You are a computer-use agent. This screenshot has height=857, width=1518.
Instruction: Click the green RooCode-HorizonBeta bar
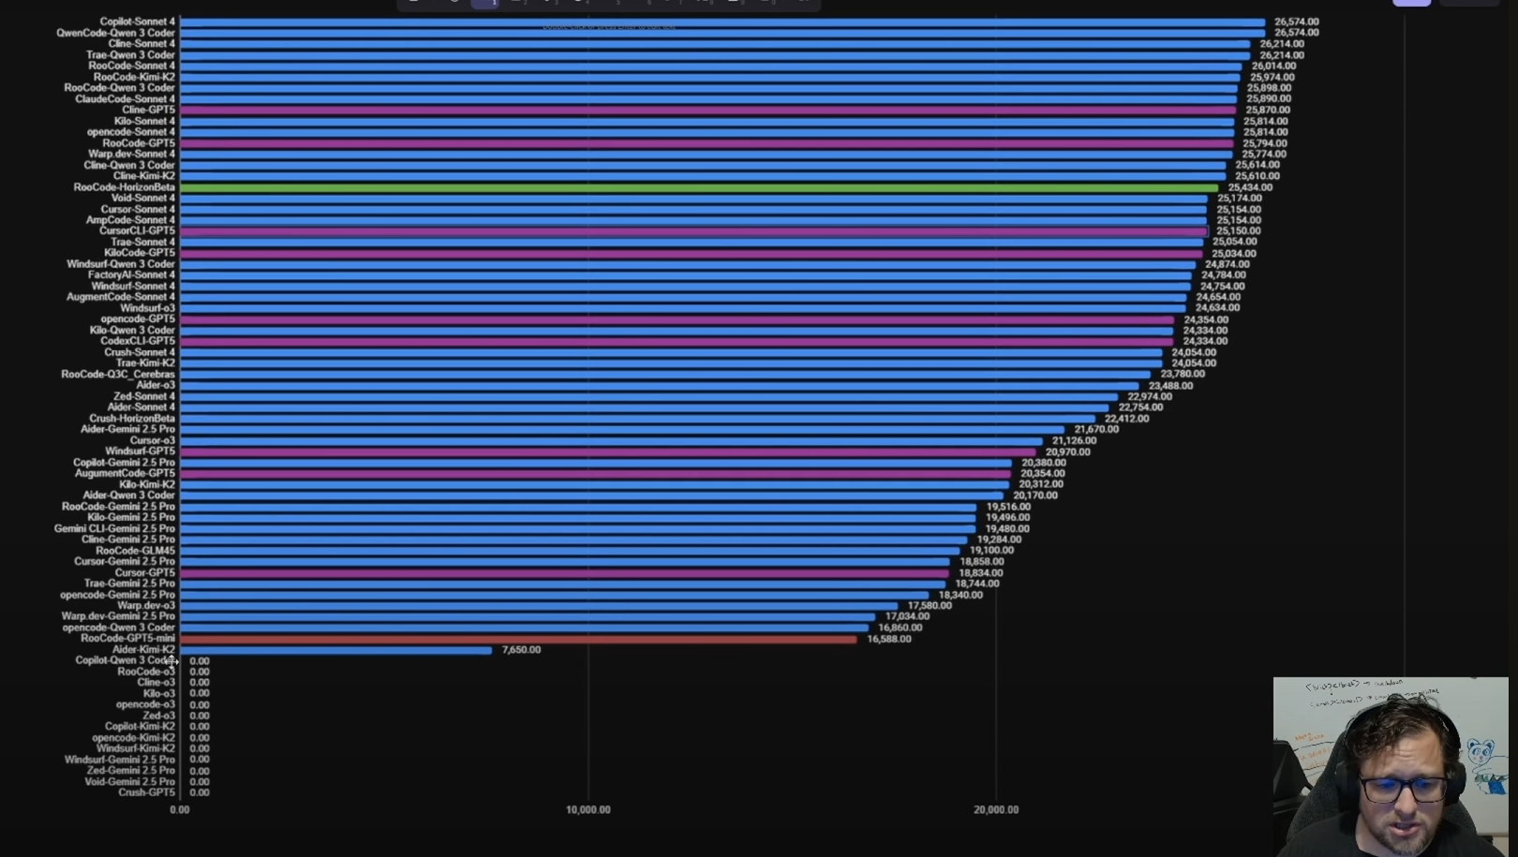698,187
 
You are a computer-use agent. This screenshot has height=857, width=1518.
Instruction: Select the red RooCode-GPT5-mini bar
517,639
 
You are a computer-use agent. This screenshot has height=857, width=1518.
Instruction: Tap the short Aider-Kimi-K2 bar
335,650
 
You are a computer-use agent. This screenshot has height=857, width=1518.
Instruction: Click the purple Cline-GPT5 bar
707,110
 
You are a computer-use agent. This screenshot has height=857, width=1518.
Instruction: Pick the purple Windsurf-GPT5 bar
607,451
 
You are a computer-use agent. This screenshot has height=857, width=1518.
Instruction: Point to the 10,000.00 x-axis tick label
588,810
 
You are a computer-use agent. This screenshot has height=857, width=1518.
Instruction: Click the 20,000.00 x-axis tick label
995,810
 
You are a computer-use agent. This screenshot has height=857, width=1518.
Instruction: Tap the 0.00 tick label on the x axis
179,810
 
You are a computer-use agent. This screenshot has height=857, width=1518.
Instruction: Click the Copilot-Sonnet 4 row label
137,22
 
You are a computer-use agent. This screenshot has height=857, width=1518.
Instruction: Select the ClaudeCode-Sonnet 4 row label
125,98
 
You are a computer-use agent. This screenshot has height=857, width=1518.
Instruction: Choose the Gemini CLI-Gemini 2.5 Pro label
114,528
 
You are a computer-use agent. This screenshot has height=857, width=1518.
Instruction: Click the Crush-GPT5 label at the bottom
146,792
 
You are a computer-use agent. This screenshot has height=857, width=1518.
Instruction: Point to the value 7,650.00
521,650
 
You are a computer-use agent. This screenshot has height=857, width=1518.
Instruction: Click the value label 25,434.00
1250,187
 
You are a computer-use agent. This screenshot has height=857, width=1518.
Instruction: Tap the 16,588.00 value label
888,639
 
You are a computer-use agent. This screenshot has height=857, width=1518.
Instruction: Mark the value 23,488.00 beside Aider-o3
1170,385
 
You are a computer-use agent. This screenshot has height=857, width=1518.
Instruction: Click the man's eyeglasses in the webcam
1403,788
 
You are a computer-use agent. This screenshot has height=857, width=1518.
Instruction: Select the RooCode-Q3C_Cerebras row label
118,374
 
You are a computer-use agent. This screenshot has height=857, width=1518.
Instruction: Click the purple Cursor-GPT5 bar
564,572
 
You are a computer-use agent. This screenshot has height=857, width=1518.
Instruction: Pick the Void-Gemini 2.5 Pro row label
129,781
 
